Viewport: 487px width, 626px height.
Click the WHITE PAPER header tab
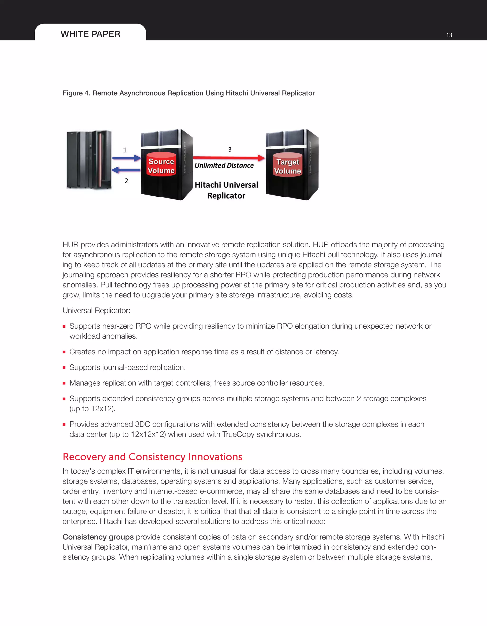90,34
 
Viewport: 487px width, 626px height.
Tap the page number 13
449,35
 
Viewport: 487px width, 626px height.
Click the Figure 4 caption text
189,93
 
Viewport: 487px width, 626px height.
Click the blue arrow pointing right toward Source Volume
126,158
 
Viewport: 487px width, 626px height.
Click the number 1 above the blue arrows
125,150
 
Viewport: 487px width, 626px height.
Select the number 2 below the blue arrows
126,181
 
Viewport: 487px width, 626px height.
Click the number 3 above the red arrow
230,149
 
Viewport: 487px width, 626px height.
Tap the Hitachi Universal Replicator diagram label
226,190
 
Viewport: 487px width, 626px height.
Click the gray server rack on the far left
89,160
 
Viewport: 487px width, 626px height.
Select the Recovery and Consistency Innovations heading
152,456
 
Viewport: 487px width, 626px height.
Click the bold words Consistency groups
98,537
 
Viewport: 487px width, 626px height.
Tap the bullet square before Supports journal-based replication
64,368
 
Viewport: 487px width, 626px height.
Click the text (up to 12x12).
92,409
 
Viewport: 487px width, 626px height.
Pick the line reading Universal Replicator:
96,311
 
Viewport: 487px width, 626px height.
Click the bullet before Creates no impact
64,352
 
